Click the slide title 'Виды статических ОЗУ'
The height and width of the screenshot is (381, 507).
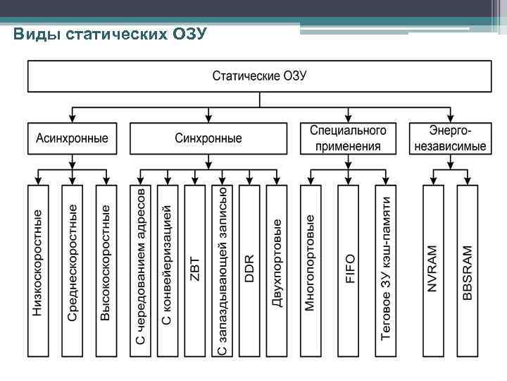[x=110, y=34]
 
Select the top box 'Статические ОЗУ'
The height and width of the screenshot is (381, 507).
[x=259, y=76]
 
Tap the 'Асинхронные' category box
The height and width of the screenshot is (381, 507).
[x=72, y=138]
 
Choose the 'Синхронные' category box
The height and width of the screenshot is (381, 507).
[x=208, y=138]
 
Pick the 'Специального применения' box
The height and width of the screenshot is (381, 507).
[x=348, y=138]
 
